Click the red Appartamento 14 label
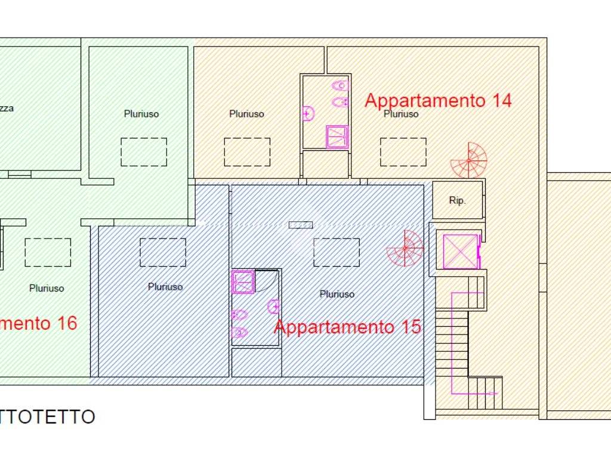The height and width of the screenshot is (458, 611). click(x=438, y=100)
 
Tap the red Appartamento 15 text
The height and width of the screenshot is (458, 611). click(x=347, y=327)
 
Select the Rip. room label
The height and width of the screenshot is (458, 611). click(x=457, y=201)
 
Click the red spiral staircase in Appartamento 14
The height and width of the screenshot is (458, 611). click(x=470, y=160)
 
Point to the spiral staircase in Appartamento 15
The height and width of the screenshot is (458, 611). click(x=405, y=248)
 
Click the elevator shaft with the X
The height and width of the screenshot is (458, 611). click(x=460, y=251)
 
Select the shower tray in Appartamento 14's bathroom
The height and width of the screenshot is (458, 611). click(x=337, y=137)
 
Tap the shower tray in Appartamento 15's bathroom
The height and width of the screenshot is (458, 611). click(x=243, y=281)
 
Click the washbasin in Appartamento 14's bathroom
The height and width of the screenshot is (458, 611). click(x=308, y=113)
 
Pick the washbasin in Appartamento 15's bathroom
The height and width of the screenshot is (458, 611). click(x=274, y=307)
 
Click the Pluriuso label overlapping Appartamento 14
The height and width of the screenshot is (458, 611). click(x=401, y=114)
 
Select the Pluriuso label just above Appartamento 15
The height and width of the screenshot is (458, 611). click(x=337, y=294)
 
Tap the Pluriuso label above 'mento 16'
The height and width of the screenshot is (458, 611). click(x=47, y=289)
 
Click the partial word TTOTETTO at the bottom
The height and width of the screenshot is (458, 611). click(x=48, y=417)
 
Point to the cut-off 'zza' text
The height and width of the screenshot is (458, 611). click(x=7, y=109)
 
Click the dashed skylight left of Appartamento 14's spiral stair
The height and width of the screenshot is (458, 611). click(x=403, y=152)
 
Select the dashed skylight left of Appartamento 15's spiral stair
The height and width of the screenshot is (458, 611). click(x=337, y=252)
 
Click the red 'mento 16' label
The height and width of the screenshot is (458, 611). click(x=38, y=323)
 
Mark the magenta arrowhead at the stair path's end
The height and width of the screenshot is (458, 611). click(x=495, y=394)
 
